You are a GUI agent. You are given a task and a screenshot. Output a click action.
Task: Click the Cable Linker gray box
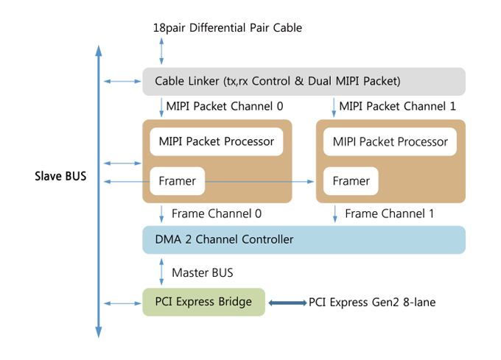point(304,81)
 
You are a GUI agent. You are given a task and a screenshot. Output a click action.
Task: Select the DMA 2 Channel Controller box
point(304,239)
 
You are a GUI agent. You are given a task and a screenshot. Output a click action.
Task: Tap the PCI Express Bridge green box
point(203,302)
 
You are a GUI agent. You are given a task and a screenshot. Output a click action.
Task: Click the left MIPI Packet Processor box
point(217,141)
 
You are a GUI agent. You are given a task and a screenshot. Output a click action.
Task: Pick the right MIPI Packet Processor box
point(390,141)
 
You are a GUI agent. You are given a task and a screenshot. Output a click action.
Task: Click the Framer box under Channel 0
point(178,181)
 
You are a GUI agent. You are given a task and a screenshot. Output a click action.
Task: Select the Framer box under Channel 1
point(351,181)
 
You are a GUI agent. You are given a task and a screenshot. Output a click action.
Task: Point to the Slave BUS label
point(60,177)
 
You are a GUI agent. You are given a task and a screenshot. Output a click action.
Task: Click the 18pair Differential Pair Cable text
point(227,28)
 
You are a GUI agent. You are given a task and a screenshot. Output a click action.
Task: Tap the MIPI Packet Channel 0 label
point(224,106)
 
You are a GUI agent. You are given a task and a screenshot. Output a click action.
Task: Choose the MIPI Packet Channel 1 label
point(397,106)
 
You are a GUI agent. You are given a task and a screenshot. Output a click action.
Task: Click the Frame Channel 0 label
point(217,213)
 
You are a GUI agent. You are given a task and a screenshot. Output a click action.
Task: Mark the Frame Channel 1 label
point(390,213)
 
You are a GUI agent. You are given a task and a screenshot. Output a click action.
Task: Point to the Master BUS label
point(202,272)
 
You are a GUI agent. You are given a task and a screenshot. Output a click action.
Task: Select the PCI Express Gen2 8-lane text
point(372,302)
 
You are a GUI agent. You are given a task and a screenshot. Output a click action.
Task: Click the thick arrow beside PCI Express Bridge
point(287,303)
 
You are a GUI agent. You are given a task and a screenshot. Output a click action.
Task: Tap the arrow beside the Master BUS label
point(161,272)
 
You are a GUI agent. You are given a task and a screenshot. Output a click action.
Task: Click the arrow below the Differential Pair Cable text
point(161,52)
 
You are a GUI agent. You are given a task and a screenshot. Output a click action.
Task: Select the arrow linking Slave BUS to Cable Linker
point(120,81)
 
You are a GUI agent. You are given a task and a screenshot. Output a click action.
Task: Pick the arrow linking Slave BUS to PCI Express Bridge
point(120,303)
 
